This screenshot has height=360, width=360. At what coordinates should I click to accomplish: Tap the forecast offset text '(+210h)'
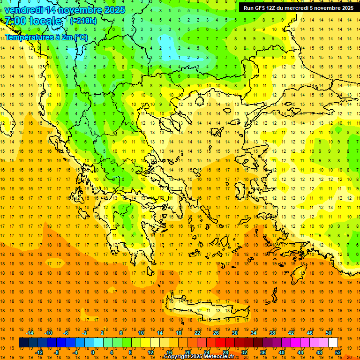tap(83, 21)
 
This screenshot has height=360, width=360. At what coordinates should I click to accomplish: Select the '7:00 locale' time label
tap(33, 21)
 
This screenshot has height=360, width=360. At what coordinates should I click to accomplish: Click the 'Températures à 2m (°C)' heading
tap(46, 37)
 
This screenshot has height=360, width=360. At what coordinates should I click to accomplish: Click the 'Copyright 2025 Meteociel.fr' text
tap(199, 357)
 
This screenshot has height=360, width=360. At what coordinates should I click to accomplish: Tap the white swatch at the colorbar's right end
tap(333, 343)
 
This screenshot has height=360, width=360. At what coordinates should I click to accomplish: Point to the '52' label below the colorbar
tap(338, 352)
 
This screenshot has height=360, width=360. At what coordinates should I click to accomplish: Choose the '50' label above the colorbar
tap(329, 333)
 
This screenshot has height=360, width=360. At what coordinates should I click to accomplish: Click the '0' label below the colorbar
tap(93, 352)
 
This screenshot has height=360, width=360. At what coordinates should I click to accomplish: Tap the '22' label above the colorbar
tap(197, 333)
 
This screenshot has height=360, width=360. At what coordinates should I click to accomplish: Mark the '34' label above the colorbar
tap(254, 333)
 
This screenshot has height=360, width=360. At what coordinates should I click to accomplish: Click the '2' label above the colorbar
tap(103, 333)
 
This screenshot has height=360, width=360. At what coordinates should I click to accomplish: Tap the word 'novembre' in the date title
tap(75, 10)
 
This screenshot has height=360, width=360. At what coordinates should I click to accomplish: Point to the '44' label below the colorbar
tap(300, 352)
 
